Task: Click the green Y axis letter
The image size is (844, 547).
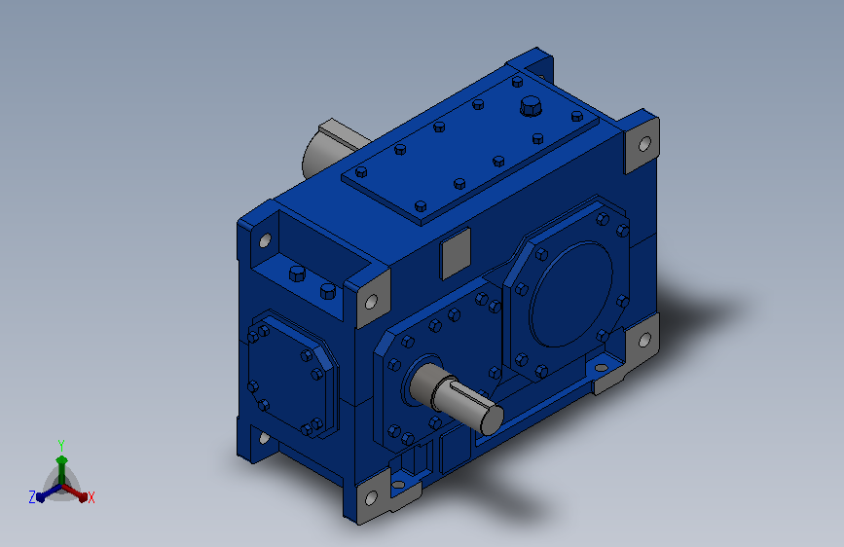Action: point(61,445)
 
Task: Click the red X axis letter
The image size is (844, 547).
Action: point(91,498)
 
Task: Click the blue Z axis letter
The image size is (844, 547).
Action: point(32,497)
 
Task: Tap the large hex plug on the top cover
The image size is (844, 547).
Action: point(531,106)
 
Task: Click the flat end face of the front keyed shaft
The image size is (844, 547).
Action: point(492,419)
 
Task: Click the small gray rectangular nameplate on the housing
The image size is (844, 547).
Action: point(456,254)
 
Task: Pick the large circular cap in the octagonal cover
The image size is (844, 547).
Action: point(571,294)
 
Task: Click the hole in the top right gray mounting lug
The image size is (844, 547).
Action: point(644,144)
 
